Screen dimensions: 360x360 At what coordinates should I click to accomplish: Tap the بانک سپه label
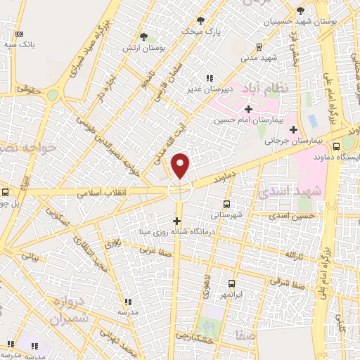21,44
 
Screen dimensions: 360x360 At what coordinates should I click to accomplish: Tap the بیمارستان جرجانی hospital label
266,141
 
